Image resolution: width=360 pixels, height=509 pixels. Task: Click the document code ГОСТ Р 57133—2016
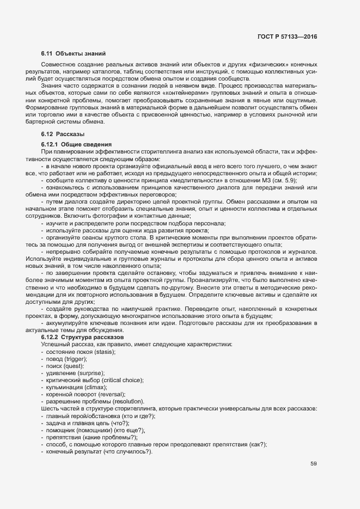(287, 36)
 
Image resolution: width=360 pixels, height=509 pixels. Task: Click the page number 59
(313, 464)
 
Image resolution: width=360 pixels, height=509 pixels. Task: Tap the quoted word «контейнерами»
(164, 94)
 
